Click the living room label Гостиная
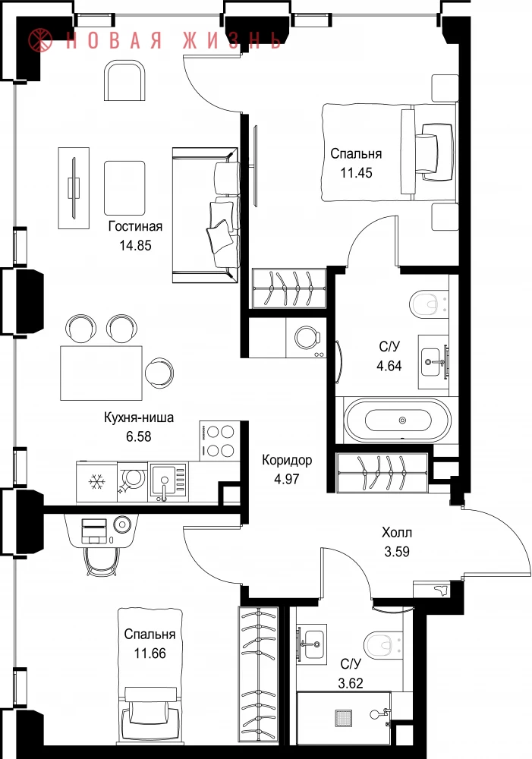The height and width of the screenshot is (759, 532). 135,226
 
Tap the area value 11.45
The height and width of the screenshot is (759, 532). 356,173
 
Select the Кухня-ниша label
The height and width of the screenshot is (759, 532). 139,417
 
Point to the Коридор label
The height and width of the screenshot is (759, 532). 287,460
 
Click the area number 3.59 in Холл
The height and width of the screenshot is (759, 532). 397,551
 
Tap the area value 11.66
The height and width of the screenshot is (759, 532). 150,653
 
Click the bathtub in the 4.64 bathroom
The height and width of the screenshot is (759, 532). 397,420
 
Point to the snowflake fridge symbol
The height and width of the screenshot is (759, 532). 97,481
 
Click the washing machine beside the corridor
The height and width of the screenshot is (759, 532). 307,338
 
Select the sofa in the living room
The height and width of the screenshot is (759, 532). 206,215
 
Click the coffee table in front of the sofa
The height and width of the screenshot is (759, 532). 124,187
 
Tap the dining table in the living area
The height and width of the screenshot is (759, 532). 101,373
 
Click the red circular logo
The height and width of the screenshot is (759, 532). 40,39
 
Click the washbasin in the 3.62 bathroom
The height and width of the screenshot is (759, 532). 311,642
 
